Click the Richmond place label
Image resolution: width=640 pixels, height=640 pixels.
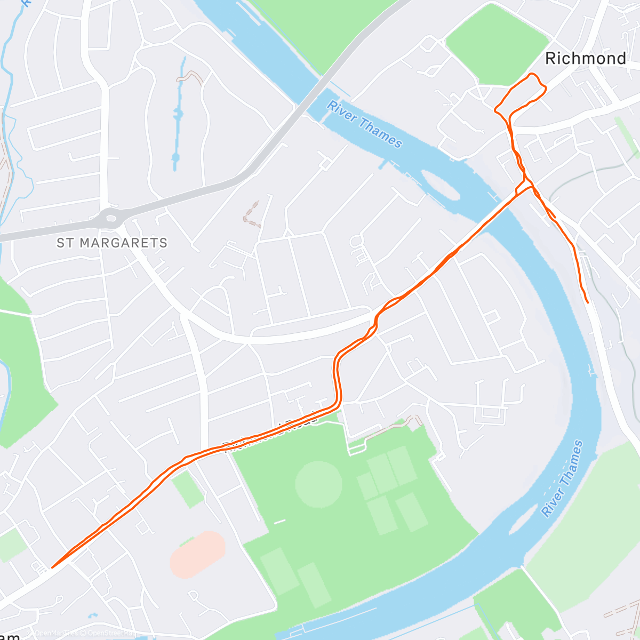[585, 58]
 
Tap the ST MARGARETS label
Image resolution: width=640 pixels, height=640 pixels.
[112, 243]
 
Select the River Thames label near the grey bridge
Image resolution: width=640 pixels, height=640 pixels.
[364, 124]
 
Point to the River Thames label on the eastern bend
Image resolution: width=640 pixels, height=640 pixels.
[563, 478]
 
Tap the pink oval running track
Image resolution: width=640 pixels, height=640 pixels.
[197, 554]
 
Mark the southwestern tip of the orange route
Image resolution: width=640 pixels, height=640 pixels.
[52, 567]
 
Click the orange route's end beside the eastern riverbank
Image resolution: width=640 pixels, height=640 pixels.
[587, 302]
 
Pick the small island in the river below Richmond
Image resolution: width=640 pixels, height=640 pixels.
[441, 185]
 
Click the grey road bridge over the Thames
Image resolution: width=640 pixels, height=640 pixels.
[315, 88]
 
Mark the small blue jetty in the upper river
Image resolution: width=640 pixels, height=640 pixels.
[382, 164]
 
